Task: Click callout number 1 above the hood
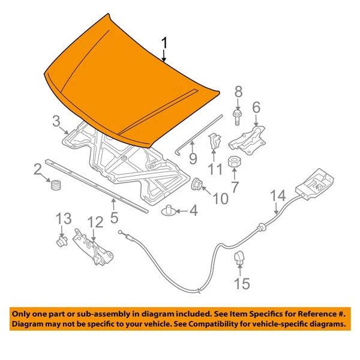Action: coord(165,44)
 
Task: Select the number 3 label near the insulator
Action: coord(55,122)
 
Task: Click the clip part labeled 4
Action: coord(171,211)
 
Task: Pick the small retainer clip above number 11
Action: coord(213,143)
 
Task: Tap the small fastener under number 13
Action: coord(59,242)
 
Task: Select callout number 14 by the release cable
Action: coord(278,197)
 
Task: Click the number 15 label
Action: coord(241,283)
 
